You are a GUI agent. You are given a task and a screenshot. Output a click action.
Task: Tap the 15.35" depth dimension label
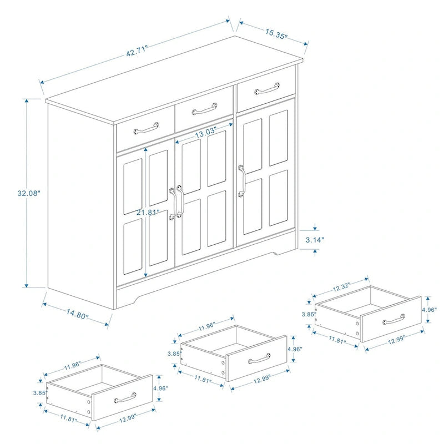(276, 33)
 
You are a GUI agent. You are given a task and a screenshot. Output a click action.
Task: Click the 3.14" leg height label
(315, 240)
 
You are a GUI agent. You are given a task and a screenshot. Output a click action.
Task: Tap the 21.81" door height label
(149, 212)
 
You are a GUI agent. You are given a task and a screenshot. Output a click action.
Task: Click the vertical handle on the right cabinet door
(242, 180)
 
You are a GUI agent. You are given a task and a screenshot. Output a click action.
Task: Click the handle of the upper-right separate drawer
(394, 319)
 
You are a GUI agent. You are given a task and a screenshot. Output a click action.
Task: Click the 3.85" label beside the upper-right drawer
(309, 314)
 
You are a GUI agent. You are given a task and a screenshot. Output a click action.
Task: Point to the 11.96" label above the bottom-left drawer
(72, 365)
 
